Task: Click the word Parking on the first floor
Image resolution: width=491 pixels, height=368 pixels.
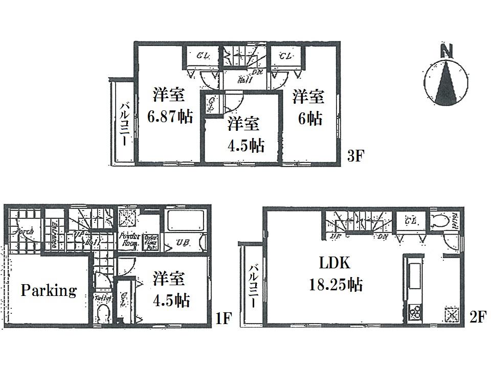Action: coord(49,291)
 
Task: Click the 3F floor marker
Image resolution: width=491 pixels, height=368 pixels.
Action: coord(355,156)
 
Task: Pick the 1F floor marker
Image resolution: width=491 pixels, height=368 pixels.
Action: coord(224,319)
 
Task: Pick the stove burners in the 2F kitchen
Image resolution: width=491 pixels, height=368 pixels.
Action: coord(415,310)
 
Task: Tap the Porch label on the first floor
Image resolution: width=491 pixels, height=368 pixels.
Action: coord(23,231)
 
